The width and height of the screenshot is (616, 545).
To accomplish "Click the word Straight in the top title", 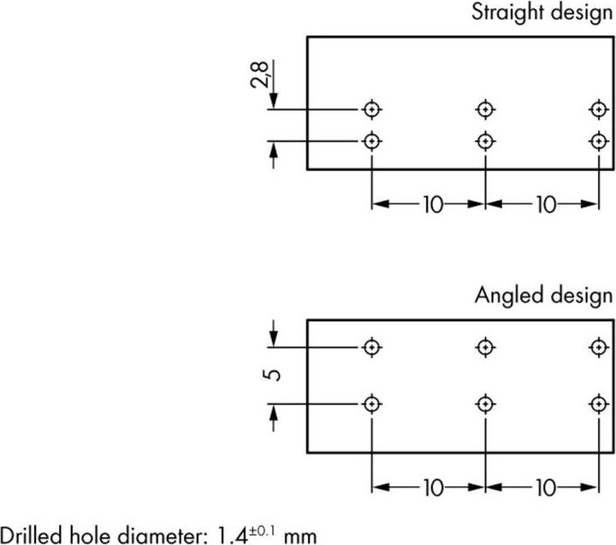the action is point(507,13).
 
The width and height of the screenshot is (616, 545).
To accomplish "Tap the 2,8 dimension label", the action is point(259,74).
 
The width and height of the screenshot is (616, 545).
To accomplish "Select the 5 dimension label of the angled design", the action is point(271,375).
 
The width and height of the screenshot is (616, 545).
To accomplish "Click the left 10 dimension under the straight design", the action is point(433,204).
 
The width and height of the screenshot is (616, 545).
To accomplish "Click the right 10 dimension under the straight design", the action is point(547,204).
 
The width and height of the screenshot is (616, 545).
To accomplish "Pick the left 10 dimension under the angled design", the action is point(433,488).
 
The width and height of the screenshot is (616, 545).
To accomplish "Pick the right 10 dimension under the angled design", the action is point(547,488).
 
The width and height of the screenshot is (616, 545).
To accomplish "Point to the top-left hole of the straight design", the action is point(371,109).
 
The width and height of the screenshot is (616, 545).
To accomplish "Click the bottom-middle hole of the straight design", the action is point(485,141).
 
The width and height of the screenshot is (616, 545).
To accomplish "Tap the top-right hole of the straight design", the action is point(599,109).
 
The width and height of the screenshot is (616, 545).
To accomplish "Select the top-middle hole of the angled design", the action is point(485,348).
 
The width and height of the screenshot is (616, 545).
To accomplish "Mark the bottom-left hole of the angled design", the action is point(371,404).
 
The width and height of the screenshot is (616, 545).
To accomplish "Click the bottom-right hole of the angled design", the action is point(599,404).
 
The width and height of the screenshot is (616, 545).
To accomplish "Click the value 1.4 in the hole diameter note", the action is point(232,536).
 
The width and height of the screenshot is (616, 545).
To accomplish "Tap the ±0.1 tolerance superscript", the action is point(263,531).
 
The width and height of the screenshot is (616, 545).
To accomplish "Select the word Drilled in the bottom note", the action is point(32,535).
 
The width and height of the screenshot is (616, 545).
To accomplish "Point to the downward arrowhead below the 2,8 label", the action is point(274,101).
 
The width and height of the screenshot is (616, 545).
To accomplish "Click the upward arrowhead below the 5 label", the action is point(274,413).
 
